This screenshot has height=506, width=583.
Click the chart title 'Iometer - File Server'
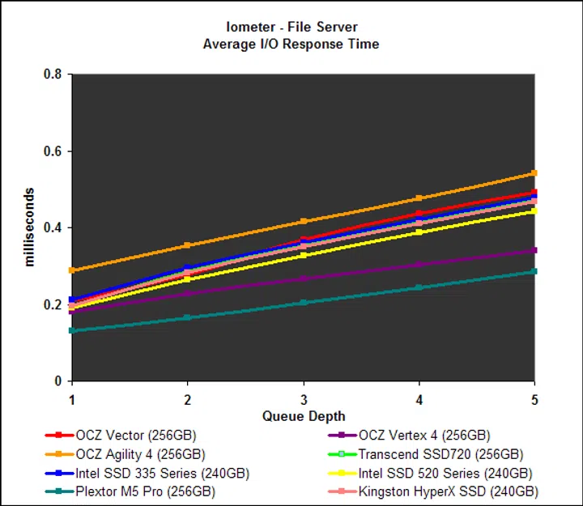[x=291, y=27]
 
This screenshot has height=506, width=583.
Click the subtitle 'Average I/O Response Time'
[x=291, y=44]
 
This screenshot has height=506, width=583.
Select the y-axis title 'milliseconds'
[x=30, y=227]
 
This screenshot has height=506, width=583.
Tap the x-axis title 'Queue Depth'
[x=303, y=416]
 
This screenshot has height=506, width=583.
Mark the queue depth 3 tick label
[x=304, y=398]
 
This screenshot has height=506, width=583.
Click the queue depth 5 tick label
[x=534, y=398]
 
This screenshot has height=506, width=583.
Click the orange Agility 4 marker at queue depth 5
[x=534, y=173]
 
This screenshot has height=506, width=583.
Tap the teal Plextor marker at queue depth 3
[x=304, y=303]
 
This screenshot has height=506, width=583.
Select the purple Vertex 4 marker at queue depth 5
[x=534, y=250]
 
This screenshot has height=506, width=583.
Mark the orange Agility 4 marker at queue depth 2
[x=188, y=245]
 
